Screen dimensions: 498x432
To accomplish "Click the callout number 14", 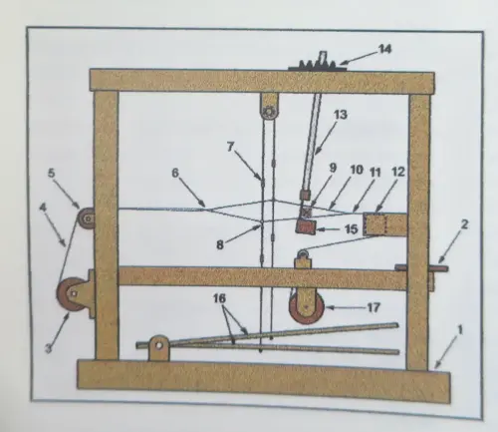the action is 385,49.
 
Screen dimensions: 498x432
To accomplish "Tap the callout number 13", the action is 341,115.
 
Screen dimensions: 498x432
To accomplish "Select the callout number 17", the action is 373,307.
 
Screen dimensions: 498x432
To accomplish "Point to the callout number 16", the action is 219,298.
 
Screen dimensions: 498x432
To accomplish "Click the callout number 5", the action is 52,173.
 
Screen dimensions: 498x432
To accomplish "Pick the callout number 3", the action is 49,348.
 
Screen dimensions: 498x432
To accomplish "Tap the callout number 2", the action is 464,224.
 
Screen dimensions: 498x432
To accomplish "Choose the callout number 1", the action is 460,330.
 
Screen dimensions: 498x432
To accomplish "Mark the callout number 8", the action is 220,245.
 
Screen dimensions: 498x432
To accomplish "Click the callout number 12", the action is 398,172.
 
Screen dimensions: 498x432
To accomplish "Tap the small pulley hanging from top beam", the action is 269,109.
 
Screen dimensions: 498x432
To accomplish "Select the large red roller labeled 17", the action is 307,307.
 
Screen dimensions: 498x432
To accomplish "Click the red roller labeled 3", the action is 72,292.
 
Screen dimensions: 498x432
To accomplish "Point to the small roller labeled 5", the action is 87,217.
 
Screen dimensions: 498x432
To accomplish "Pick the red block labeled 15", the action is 306,227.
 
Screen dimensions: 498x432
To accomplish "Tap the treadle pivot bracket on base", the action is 158,347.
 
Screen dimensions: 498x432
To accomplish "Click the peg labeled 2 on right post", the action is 421,267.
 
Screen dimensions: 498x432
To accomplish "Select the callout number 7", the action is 231,147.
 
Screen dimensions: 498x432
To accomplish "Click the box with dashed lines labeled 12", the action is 385,224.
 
